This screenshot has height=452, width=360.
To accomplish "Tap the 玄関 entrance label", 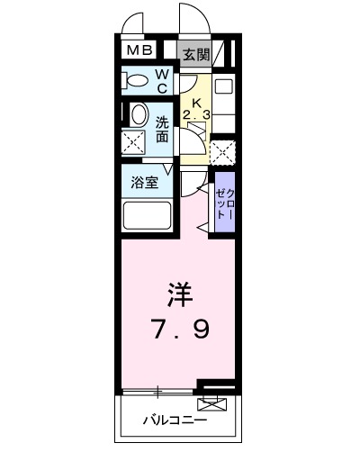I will tap(196, 55).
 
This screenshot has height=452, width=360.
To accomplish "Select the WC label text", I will tap(162, 82).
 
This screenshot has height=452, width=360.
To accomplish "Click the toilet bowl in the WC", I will tap(136, 81).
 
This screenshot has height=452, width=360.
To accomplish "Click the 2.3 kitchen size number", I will tap(196, 115).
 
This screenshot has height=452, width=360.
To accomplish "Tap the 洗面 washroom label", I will tap(162, 130).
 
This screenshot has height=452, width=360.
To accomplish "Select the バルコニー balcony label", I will tap(175, 420).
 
